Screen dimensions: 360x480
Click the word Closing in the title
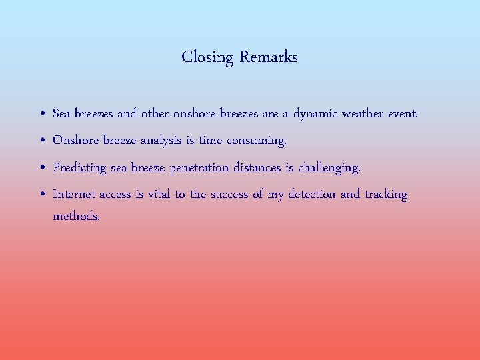pyautogui.click(x=207, y=57)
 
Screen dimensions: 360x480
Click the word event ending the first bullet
pyautogui.click(x=403, y=113)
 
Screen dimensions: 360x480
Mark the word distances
pyautogui.click(x=257, y=167)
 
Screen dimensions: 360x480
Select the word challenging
pyautogui.click(x=329, y=168)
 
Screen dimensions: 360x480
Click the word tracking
pyautogui.click(x=385, y=195)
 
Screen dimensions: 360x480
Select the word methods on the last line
pyautogui.click(x=76, y=216)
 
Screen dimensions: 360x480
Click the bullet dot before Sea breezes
pyautogui.click(x=42, y=114)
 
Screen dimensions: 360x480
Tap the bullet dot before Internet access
pyautogui.click(x=42, y=195)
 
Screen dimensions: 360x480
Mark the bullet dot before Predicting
pyautogui.click(x=42, y=168)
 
